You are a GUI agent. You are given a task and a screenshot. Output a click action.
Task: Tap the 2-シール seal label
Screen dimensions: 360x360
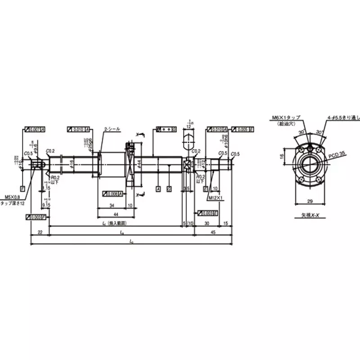112,129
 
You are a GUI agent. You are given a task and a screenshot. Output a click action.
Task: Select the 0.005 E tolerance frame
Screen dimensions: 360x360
243,129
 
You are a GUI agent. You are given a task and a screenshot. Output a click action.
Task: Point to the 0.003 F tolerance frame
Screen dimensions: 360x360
35,217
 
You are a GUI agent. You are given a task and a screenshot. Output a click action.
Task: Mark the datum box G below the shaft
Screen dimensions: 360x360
169,188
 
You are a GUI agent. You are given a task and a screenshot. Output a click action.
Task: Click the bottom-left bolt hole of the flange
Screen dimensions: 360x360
300,178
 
